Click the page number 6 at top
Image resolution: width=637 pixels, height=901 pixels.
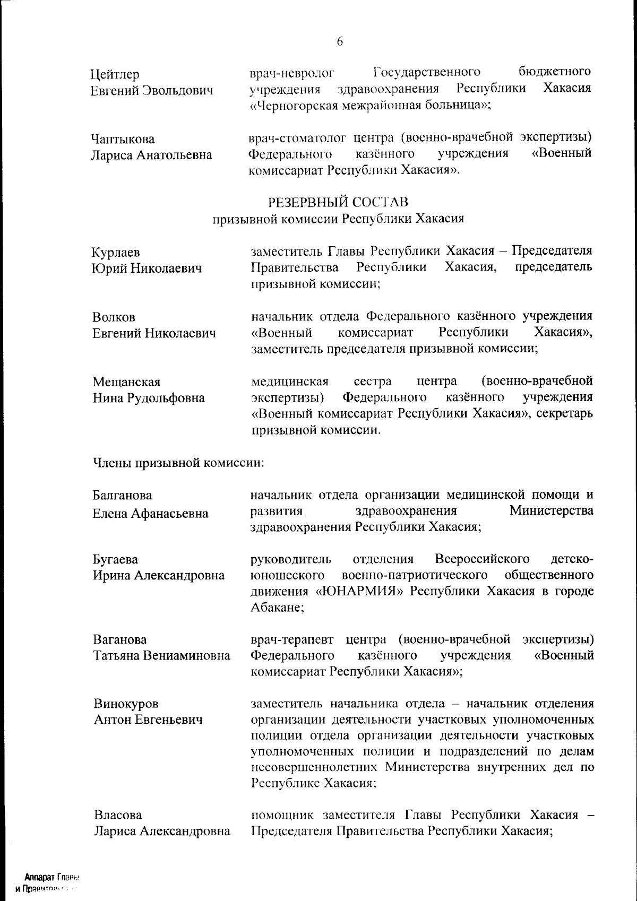click(x=340, y=42)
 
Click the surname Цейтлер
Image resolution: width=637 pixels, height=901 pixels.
click(x=115, y=74)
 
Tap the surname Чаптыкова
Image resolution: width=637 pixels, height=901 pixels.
click(x=123, y=139)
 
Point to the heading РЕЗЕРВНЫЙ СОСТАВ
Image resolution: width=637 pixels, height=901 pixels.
click(x=339, y=202)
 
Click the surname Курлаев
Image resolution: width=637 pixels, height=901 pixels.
click(x=116, y=253)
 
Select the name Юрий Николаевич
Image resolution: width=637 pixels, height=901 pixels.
click(x=147, y=268)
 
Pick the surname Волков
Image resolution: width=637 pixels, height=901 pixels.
click(x=114, y=317)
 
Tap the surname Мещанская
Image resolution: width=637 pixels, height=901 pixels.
click(x=126, y=382)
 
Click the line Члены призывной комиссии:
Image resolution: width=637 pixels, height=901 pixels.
click(x=179, y=463)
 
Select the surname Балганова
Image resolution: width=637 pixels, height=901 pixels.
click(x=122, y=496)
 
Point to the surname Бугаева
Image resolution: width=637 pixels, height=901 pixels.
click(x=115, y=559)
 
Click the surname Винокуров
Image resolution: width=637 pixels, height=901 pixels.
click(x=126, y=704)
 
